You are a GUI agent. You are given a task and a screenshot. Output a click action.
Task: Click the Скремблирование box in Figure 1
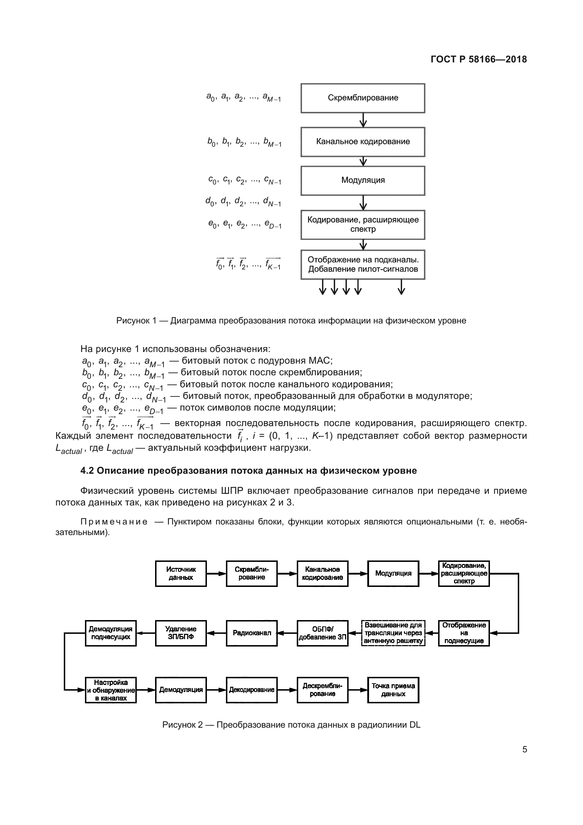363,98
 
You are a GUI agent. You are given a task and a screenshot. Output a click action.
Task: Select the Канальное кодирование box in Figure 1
363,141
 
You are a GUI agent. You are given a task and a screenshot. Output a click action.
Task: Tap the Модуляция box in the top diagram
363,180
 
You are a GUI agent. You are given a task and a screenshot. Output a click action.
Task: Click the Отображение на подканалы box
363,265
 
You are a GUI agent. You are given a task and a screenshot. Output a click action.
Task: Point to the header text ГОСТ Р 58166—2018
479,59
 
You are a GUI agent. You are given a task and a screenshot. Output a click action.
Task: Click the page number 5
524,750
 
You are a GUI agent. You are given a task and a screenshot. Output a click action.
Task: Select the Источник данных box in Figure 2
180,574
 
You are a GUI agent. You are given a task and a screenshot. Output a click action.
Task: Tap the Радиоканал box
252,633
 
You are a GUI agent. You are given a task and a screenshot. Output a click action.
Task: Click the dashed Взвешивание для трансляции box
393,633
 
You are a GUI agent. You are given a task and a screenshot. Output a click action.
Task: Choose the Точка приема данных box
393,690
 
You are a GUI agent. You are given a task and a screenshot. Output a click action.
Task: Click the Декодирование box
252,690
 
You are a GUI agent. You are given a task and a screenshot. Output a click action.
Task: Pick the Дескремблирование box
323,690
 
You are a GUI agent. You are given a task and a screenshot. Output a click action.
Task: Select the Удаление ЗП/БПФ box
180,633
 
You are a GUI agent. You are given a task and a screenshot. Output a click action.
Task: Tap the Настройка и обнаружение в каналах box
111,690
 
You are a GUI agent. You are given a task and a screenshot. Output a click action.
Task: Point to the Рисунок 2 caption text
291,725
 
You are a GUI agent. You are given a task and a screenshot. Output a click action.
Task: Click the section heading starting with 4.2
248,471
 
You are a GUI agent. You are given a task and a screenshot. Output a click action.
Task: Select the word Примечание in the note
114,522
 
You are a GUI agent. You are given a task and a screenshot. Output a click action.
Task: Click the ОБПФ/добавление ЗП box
323,633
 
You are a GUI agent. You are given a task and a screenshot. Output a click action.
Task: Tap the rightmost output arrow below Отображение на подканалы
402,287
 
